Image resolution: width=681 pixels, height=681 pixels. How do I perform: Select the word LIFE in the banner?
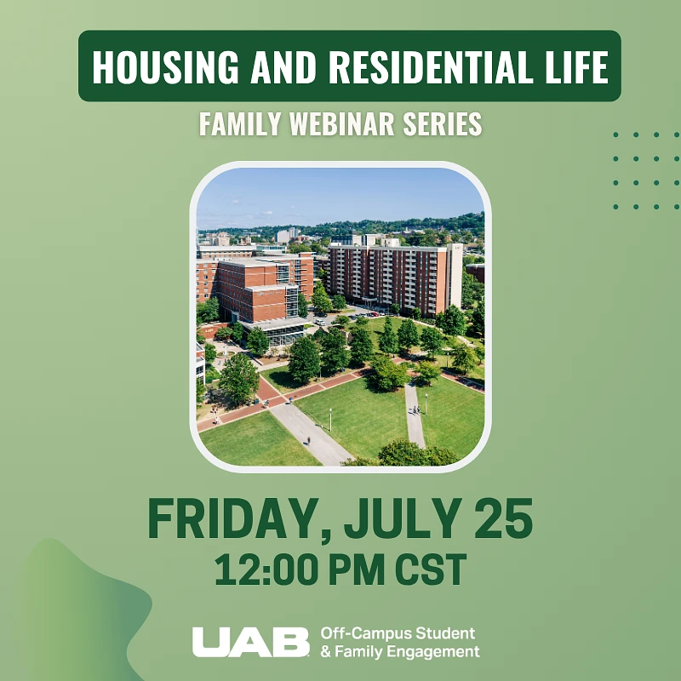[x=572, y=66]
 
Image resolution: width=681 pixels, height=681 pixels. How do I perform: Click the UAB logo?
[x=250, y=642]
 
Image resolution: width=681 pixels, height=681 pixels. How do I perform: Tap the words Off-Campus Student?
[x=398, y=633]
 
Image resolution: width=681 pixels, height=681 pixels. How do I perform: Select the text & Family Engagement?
[x=399, y=652]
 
